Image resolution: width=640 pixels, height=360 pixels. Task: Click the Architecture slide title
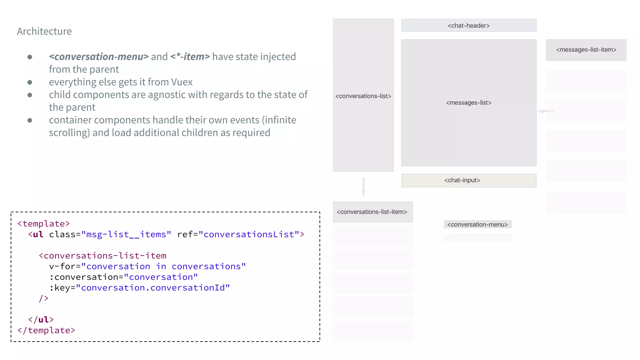point(44,31)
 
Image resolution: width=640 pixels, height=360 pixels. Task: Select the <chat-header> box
point(468,25)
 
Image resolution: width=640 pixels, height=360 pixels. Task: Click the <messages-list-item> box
point(586,50)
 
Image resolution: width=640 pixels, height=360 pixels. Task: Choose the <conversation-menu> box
point(477,224)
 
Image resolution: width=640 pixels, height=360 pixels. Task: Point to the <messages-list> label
point(468,103)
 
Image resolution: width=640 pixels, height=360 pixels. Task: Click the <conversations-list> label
point(363,96)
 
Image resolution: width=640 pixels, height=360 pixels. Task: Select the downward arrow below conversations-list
point(363,187)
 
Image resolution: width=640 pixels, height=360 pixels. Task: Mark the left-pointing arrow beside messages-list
point(545,111)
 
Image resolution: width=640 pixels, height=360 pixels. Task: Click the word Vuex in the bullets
point(182,82)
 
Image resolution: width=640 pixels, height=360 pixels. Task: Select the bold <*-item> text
point(190,57)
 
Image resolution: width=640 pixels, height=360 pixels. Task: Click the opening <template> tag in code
point(43,224)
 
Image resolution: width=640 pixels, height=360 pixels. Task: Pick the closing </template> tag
point(46,330)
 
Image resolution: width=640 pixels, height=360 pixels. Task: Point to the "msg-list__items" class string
point(126,234)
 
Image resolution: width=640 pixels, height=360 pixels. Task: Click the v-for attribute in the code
point(62,266)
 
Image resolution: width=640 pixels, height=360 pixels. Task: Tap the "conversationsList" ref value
point(249,234)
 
